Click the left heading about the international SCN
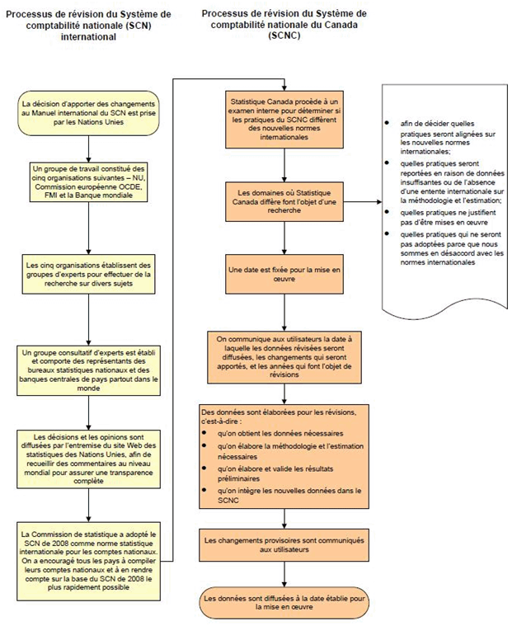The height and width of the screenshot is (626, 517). click(88, 26)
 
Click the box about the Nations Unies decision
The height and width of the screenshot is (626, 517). click(87, 111)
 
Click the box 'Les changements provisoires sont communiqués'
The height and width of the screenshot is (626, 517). click(283, 544)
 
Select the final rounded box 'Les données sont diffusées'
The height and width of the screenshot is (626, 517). click(283, 601)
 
